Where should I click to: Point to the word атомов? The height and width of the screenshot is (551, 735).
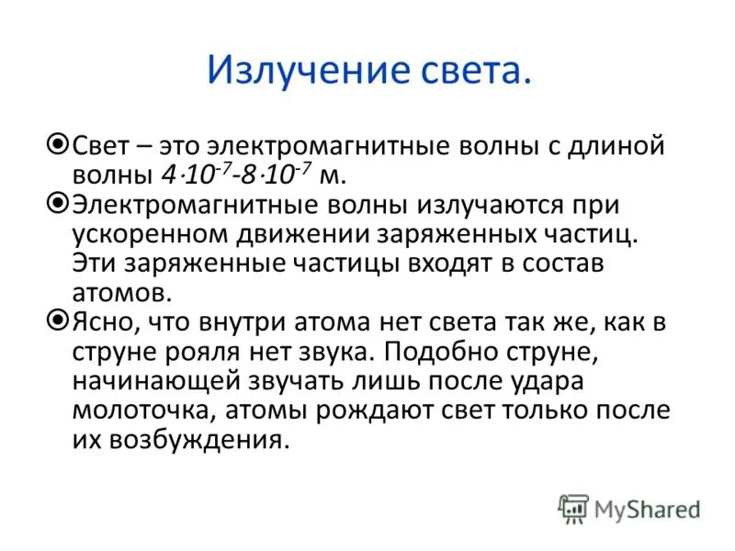click(120, 292)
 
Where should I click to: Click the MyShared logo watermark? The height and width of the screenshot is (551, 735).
click(630, 508)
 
